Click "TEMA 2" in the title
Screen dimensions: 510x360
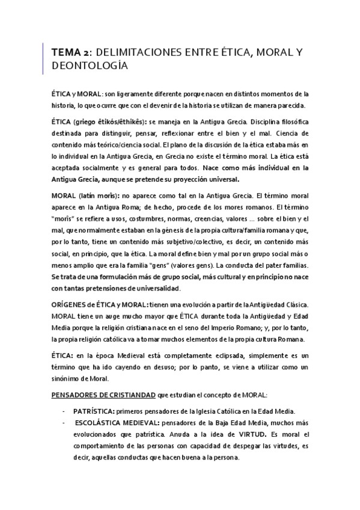[70, 54]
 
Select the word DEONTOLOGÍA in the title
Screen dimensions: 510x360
[90, 67]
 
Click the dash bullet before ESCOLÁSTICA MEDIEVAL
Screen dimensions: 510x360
[64, 423]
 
